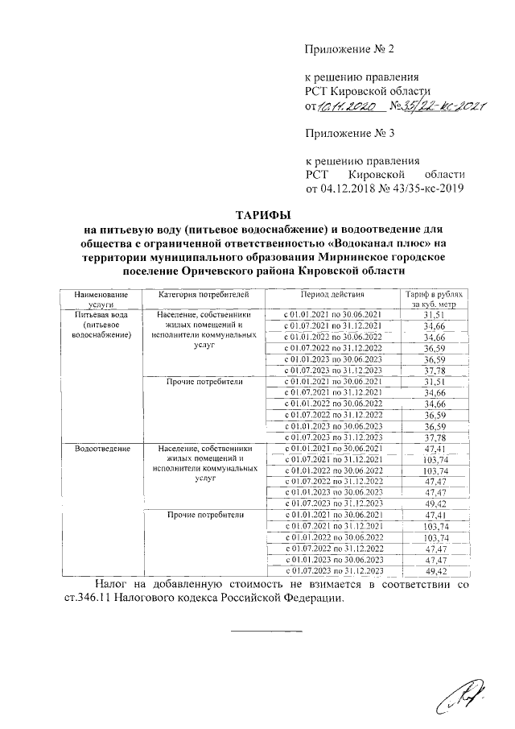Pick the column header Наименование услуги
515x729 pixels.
click(97, 301)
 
